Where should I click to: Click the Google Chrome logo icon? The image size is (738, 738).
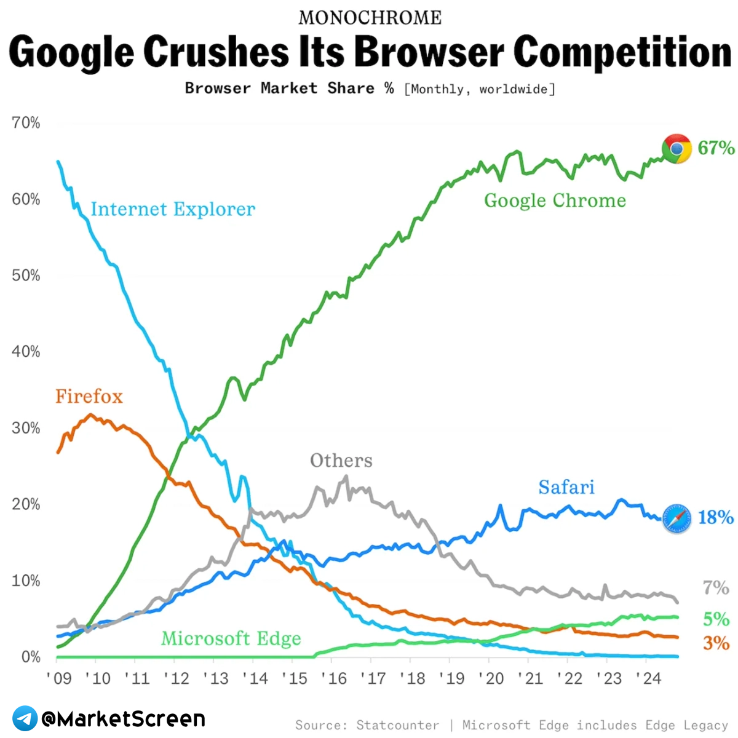(x=676, y=149)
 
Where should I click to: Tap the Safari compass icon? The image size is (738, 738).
(x=676, y=518)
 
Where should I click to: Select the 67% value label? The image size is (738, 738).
(x=716, y=148)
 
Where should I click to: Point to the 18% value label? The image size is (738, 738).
(x=716, y=517)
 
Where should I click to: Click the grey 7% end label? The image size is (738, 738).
(x=716, y=588)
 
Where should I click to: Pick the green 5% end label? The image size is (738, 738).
(x=716, y=619)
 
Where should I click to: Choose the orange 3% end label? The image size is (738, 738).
(x=716, y=643)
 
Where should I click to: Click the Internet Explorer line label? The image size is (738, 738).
(x=173, y=210)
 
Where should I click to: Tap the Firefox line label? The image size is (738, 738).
(x=89, y=397)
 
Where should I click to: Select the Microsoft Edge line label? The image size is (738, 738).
(x=231, y=639)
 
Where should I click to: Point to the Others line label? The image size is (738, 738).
(x=341, y=461)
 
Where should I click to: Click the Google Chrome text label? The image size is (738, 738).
(x=555, y=200)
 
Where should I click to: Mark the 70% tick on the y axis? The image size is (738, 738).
(x=26, y=123)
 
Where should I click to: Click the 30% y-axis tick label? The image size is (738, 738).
(x=26, y=428)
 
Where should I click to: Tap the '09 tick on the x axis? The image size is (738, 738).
(x=59, y=678)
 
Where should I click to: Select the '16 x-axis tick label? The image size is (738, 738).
(x=334, y=678)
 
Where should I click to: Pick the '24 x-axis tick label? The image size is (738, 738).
(x=648, y=678)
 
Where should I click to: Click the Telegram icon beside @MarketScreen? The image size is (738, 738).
(x=25, y=718)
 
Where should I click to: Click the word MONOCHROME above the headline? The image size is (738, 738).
(x=370, y=18)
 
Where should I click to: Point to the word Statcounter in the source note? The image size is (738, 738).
(x=398, y=725)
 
